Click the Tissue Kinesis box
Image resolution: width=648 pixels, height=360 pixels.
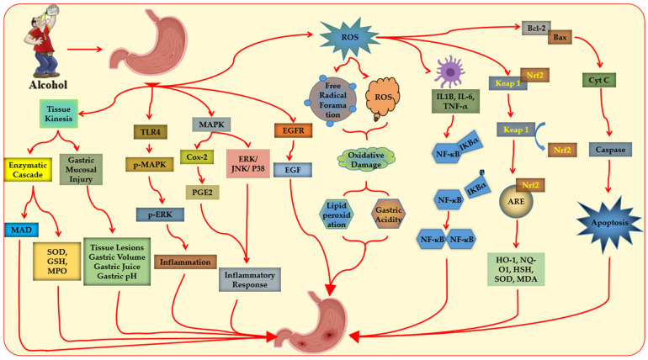pos(59,114)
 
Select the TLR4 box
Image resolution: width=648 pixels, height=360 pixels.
pos(150,132)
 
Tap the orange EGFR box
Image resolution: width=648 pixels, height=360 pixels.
pos(293,130)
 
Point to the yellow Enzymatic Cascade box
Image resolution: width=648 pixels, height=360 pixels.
pos(28,170)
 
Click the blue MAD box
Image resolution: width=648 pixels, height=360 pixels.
pos(22,230)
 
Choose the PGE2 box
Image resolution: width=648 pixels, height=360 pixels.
pos(202,193)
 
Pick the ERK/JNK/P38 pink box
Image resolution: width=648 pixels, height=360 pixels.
pos(248,164)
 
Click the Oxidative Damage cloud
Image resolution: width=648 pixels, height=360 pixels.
pos(366,159)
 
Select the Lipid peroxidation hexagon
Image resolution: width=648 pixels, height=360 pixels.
pos(337,214)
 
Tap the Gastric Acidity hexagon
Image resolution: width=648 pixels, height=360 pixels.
pos(388,214)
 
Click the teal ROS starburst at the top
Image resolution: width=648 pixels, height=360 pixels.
pos(349,37)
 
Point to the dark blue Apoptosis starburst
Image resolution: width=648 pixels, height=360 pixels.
pos(609,223)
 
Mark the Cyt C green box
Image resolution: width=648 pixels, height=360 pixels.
pos(599,80)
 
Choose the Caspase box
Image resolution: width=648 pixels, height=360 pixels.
pos(610,150)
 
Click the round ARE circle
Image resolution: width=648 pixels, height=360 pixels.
pos(516,202)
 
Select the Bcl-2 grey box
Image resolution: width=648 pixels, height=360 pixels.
pos(536,29)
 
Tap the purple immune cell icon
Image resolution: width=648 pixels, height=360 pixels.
pos(449,71)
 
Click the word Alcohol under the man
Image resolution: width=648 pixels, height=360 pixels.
pos(48,85)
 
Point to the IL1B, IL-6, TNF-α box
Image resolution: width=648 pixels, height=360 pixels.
pos(455,101)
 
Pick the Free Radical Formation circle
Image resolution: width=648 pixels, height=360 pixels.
pos(332,100)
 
